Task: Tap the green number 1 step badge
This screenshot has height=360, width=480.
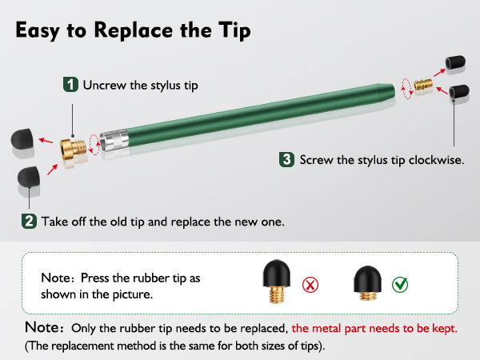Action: (71, 84)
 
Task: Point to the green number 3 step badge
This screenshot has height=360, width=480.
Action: (286, 159)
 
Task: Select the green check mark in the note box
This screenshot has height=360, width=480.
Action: (399, 284)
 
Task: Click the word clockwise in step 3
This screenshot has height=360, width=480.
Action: (435, 160)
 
